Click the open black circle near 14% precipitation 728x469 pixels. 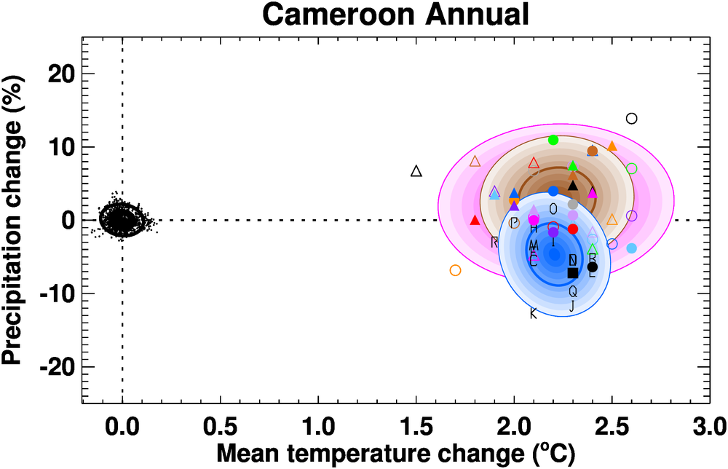click(631, 118)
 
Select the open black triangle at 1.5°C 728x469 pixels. click(416, 171)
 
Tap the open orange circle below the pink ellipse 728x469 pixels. click(456, 270)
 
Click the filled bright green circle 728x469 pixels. click(553, 140)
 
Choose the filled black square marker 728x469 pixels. click(573, 272)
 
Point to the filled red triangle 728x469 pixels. click(475, 220)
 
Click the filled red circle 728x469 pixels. click(573, 229)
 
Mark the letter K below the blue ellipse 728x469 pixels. click(533, 314)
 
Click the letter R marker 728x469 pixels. click(494, 242)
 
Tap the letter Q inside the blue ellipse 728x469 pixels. click(573, 291)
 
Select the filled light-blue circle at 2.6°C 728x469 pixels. click(631, 248)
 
